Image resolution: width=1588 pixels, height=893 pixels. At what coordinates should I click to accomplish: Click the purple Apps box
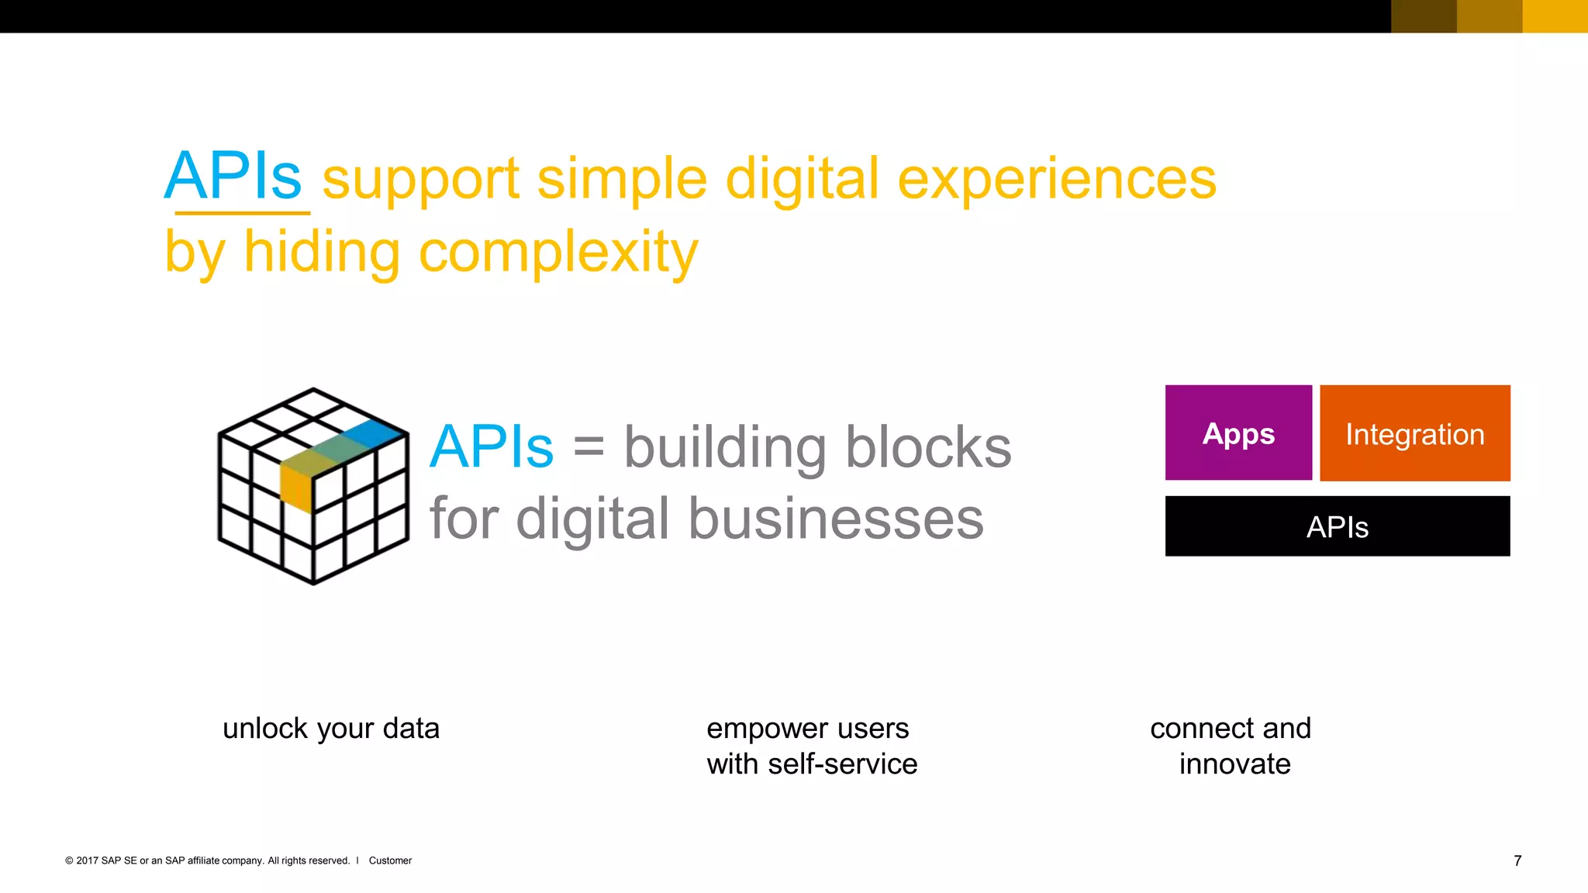point(1238,433)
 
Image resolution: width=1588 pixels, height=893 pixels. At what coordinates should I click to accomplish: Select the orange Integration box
point(1414,433)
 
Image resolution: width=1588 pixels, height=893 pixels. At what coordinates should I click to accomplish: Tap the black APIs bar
point(1337,526)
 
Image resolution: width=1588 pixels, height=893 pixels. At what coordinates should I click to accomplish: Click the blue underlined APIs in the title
point(233,177)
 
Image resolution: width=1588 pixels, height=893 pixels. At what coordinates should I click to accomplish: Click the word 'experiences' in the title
point(1057,179)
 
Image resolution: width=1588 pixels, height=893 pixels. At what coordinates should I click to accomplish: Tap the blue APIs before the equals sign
point(492,447)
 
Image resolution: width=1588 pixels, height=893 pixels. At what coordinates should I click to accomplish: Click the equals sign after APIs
point(589,447)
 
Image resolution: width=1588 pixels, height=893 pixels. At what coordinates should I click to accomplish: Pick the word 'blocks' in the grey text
point(928,447)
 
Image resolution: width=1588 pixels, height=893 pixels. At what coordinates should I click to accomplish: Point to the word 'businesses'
point(836,519)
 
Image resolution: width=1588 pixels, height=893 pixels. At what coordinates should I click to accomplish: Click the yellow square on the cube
point(295,485)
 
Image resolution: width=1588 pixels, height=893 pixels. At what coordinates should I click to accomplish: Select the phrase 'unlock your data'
point(331,729)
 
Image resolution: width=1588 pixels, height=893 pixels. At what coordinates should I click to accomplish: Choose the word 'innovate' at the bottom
point(1234,764)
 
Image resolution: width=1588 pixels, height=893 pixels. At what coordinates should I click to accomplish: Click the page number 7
point(1517,860)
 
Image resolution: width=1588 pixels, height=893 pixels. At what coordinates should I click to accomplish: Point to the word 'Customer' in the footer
point(390,860)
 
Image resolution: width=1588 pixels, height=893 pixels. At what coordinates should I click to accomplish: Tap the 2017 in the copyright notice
point(87,860)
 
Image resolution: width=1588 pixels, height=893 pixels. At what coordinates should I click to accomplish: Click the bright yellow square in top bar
point(1555,16)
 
